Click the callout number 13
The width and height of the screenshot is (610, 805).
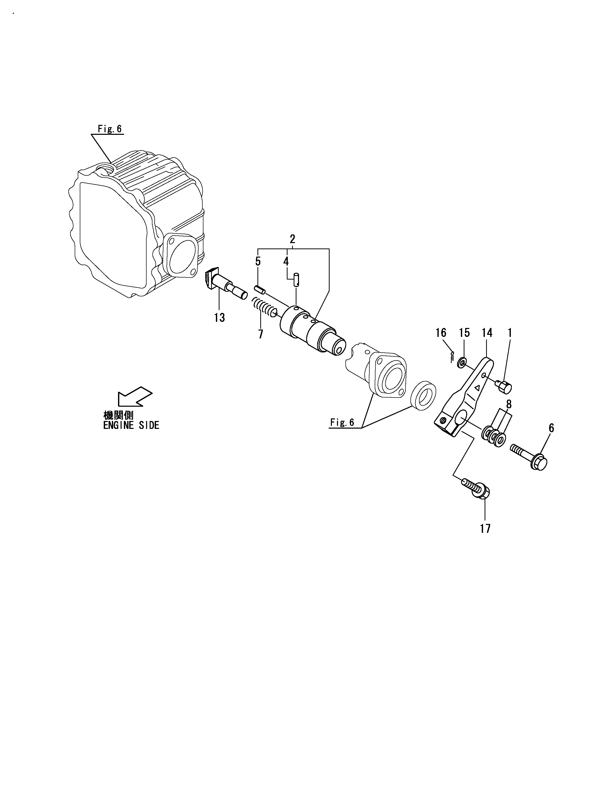click(x=219, y=318)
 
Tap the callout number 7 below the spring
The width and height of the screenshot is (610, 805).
click(x=261, y=334)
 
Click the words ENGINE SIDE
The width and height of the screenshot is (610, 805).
click(x=131, y=425)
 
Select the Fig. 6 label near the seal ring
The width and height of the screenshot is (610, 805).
click(x=342, y=422)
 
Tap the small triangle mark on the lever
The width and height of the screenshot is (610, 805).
click(x=477, y=388)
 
